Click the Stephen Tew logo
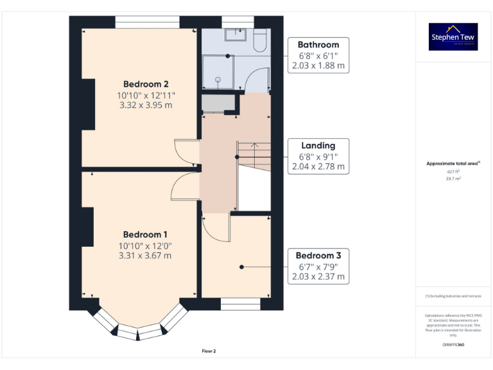point(453,37)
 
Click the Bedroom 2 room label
point(146,84)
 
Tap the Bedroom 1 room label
point(146,234)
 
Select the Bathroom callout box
point(318,55)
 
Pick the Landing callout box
point(318,156)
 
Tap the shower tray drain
point(218,80)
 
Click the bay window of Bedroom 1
point(139,327)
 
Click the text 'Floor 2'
point(209,351)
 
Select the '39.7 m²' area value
point(453,179)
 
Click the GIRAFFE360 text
point(453,345)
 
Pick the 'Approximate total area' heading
point(453,164)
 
